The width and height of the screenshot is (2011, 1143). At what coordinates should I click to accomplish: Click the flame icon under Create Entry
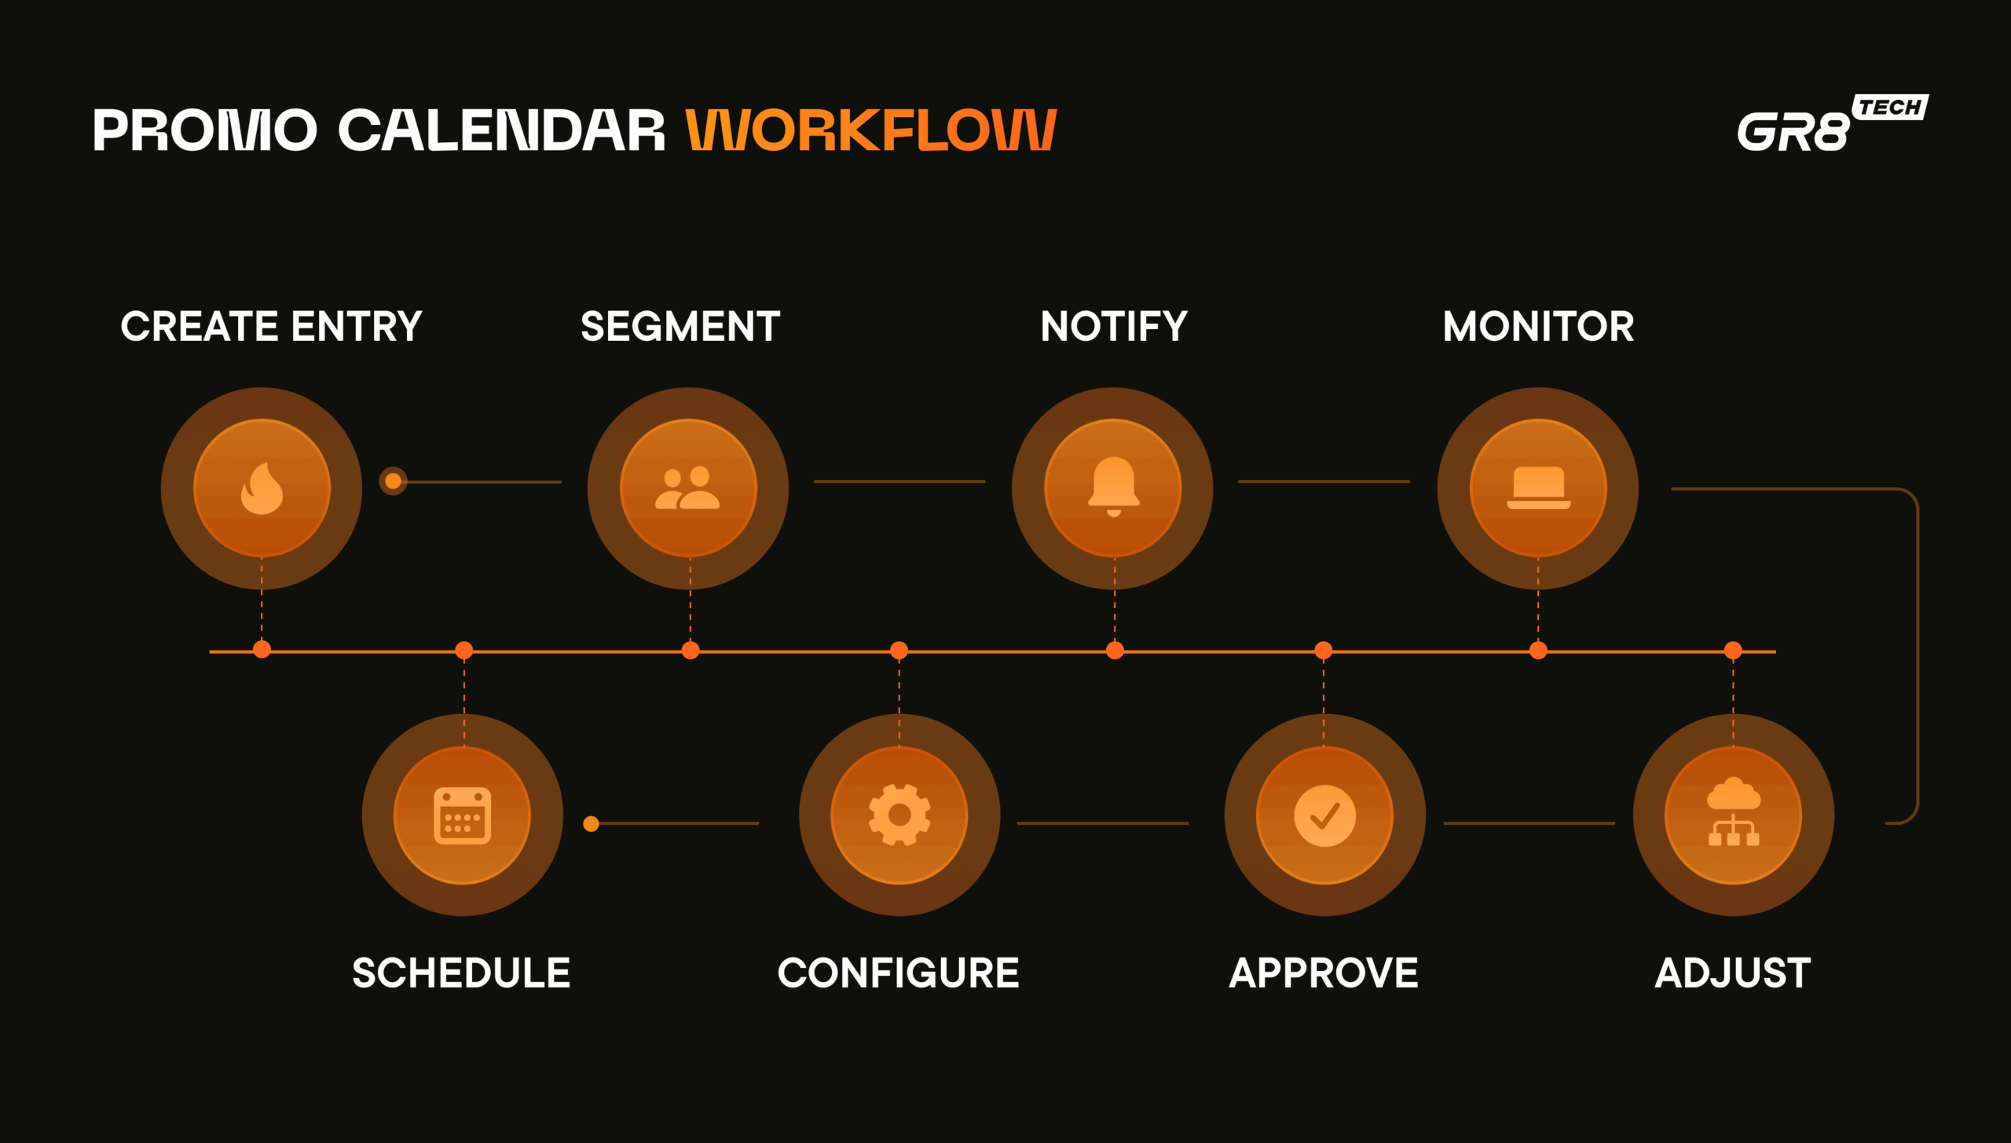[262, 488]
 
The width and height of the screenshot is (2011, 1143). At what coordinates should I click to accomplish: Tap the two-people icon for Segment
[687, 488]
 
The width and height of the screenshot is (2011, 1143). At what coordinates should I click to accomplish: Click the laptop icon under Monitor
[1538, 488]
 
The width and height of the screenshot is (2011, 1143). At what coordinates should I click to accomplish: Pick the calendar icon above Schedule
[463, 815]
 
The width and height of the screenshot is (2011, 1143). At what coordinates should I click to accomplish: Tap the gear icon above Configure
[899, 815]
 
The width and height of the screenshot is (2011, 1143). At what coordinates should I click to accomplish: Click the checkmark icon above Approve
[1324, 815]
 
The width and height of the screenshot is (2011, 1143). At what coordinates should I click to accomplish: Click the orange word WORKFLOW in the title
[870, 130]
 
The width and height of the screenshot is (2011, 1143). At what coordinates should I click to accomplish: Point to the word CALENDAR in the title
[501, 130]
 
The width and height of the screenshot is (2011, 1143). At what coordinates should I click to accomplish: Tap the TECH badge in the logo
[1890, 107]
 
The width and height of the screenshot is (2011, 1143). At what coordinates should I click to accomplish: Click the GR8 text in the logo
[1793, 131]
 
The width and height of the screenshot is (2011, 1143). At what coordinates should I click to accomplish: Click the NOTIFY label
[1114, 326]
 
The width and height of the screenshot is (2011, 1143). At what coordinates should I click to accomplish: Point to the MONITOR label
[1538, 326]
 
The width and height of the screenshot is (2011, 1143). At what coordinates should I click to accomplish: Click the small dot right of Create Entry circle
[393, 481]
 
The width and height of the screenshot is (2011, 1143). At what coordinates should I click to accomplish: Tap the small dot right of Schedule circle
[592, 823]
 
